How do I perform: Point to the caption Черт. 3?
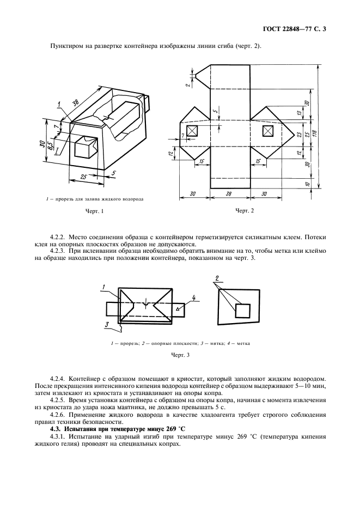[180, 355]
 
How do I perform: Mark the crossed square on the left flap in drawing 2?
[192, 131]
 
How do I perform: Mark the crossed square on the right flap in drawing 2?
[267, 131]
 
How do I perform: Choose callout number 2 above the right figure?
[217, 278]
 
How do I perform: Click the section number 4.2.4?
[58, 378]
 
